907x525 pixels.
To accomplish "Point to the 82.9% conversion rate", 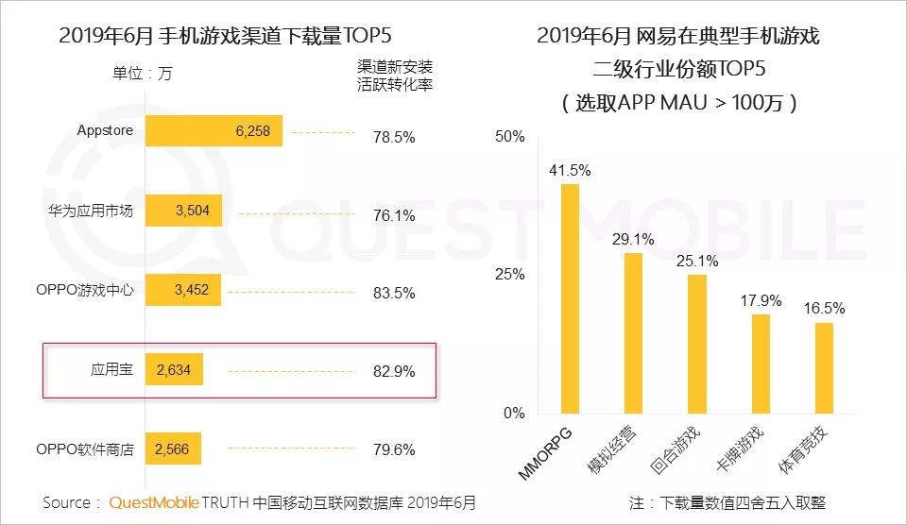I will (x=394, y=371).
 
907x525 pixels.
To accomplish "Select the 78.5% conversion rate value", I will (x=394, y=137).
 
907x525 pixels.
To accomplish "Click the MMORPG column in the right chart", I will (x=570, y=298).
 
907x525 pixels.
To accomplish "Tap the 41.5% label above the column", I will (x=570, y=170).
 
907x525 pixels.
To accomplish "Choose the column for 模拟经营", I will (x=633, y=332).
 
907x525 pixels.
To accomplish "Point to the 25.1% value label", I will (x=697, y=261).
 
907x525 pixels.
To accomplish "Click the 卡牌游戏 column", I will (x=761, y=364).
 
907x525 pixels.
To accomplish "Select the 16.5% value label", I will (x=824, y=309).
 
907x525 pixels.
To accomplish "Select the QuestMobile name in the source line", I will (x=152, y=502).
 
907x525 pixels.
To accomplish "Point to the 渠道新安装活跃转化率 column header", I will (x=395, y=75).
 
